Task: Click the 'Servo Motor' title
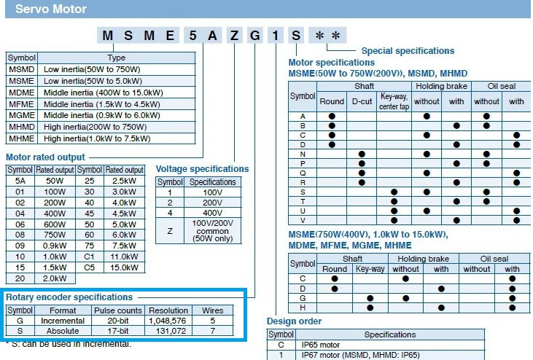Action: pos(51,9)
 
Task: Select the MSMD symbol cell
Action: pos(20,69)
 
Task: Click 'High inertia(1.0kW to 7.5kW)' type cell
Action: pos(96,138)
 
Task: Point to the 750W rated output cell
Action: pos(56,236)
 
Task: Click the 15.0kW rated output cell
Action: pos(125,267)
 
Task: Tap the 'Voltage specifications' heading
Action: pos(202,168)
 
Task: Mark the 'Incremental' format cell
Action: pos(63,320)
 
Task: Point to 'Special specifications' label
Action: pos(408,51)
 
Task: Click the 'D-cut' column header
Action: pos(362,101)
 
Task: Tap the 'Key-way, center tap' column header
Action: pos(394,101)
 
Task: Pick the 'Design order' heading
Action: pos(294,321)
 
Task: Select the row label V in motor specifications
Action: pos(303,220)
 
